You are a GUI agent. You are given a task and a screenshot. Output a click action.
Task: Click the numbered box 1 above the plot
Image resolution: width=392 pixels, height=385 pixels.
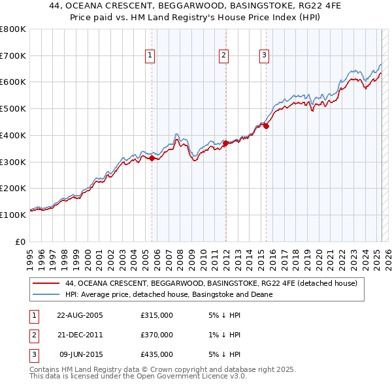pos(150,56)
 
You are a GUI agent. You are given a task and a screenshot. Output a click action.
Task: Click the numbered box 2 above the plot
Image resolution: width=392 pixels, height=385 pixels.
pos(223,56)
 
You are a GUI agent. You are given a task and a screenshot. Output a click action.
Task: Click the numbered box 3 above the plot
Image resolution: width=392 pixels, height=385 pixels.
pos(264,56)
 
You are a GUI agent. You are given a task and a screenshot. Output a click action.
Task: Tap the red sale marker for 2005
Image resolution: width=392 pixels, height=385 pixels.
pos(152,158)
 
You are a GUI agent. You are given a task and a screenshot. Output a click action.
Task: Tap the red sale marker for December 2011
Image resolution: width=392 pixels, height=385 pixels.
pos(225,143)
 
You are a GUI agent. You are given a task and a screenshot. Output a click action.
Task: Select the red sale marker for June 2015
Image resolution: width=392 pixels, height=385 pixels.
pos(267,126)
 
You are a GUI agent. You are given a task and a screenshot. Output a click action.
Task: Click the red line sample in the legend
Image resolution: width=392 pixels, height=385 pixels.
pos(46,284)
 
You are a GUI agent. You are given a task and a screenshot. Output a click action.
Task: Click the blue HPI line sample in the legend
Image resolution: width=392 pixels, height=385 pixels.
pos(46,294)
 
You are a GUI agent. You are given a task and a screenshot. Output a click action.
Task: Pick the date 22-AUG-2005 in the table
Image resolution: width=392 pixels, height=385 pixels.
pos(80,316)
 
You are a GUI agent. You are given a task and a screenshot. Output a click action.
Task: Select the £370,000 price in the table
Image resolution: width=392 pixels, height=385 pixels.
pos(157,335)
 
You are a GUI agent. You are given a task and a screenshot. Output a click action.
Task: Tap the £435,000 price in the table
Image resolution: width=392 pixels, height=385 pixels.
pos(157,354)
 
